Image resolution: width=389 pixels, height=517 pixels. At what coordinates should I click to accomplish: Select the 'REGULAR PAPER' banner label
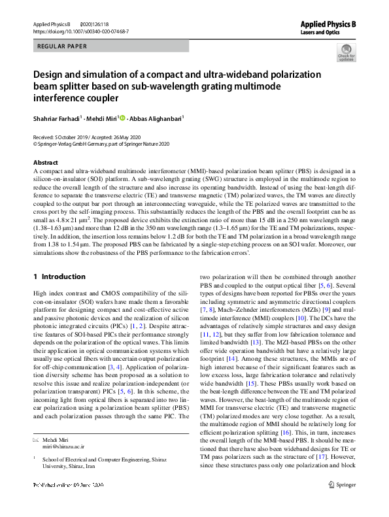[61, 46]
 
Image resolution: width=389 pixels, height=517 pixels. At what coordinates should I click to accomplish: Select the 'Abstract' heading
[45, 162]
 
